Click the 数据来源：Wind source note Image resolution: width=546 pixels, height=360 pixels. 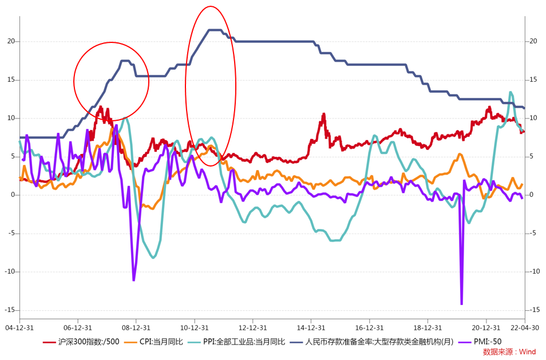[509, 351]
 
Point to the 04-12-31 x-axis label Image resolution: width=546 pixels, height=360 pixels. [19, 328]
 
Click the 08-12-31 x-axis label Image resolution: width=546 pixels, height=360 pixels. [136, 328]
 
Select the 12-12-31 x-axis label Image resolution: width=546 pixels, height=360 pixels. [252, 328]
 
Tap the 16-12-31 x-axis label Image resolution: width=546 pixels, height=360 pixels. [369, 328]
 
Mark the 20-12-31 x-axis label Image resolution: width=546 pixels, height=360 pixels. [486, 328]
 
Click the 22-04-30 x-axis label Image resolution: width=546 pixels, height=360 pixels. [525, 328]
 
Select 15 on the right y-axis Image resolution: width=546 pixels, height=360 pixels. [533, 80]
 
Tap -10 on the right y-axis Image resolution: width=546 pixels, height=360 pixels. [535, 271]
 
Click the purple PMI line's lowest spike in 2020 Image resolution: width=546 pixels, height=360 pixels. [461, 304]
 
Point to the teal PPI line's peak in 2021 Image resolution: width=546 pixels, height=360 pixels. [511, 92]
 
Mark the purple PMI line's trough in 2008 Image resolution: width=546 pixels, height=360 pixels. [134, 280]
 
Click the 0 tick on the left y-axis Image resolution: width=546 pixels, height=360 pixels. [13, 195]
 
